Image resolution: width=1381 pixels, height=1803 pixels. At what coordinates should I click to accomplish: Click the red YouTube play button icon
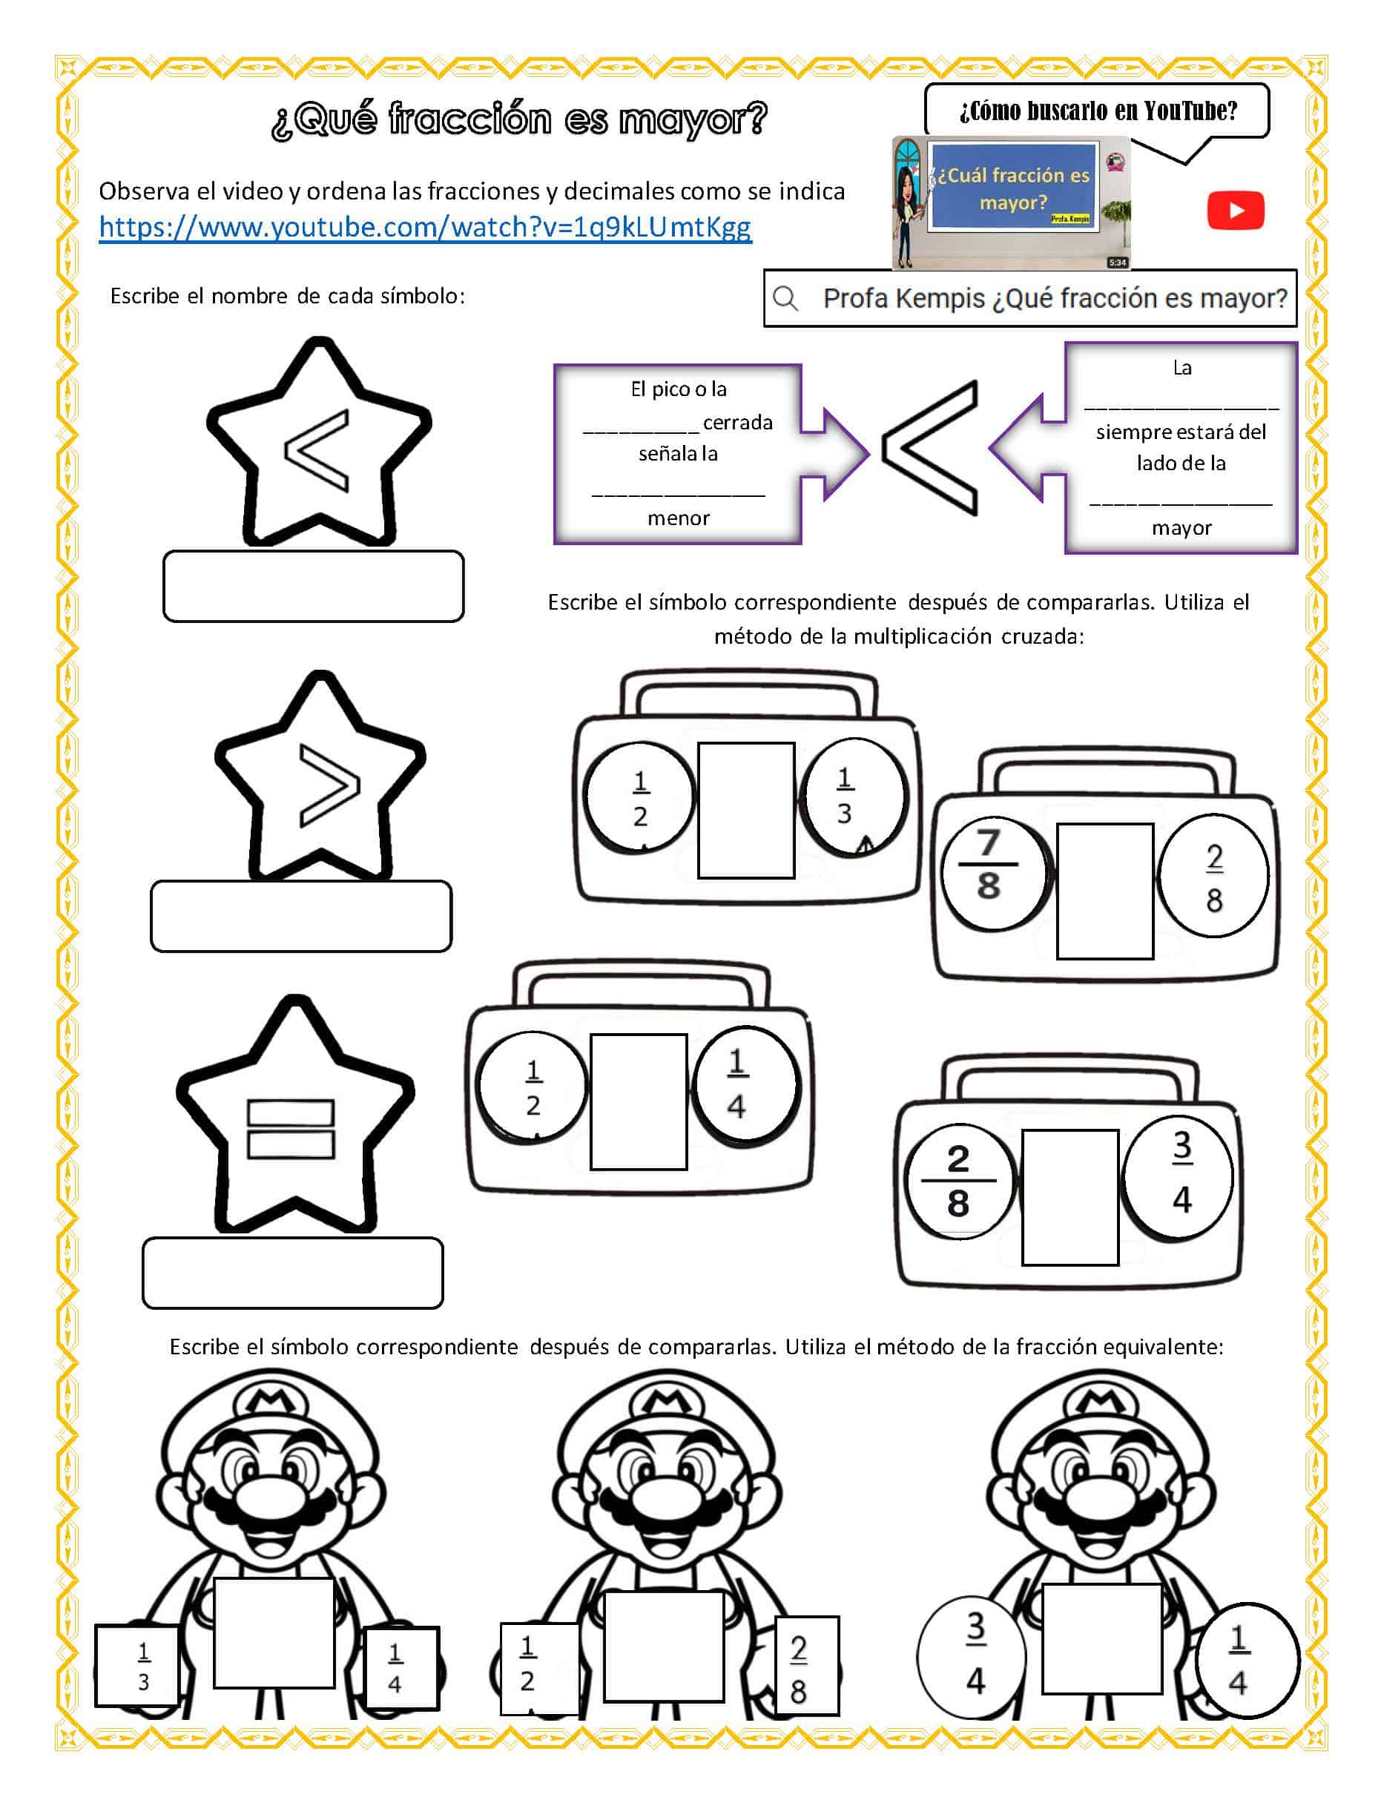click(1235, 211)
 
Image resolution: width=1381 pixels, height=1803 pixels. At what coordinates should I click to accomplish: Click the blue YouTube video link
click(425, 227)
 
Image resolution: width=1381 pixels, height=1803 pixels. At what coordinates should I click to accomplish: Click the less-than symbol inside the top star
click(317, 450)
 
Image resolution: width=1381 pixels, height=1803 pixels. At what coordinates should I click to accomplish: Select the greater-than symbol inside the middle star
click(329, 785)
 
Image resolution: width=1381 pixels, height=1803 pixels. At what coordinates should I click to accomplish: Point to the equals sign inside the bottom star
click(290, 1129)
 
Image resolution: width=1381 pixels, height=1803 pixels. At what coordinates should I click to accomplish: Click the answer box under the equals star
click(293, 1273)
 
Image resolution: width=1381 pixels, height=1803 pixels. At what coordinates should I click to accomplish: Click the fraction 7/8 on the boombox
click(989, 865)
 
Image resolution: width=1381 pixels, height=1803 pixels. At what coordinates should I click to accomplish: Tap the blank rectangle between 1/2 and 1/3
click(745, 811)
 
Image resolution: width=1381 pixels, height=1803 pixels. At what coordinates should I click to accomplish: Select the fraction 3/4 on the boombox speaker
click(1181, 1173)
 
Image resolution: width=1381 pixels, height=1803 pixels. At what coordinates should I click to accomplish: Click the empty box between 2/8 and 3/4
click(1069, 1197)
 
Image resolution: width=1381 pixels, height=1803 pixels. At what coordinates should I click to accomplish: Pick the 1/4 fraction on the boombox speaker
click(737, 1084)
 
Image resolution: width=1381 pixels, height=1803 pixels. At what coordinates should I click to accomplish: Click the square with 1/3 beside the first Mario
click(137, 1665)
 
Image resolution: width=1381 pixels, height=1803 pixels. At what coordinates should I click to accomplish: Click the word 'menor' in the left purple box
click(678, 518)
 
